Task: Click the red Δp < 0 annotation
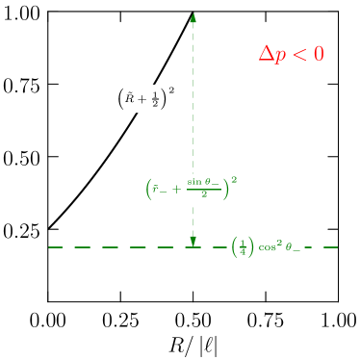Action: (x=291, y=54)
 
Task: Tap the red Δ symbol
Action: (x=267, y=54)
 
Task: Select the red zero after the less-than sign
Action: (x=318, y=54)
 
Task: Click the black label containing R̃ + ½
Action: (x=145, y=98)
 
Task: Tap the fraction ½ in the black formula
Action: (x=155, y=99)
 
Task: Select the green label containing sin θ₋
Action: (x=193, y=188)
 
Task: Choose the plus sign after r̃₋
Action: (x=175, y=189)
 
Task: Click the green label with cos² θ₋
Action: (x=266, y=247)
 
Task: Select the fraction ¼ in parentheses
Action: (x=244, y=247)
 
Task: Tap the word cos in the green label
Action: (x=265, y=247)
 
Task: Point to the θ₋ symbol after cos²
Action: (x=293, y=248)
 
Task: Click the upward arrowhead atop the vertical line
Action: (x=193, y=17)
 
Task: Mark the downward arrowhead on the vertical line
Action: (x=193, y=241)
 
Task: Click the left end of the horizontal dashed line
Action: (x=49, y=247)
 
